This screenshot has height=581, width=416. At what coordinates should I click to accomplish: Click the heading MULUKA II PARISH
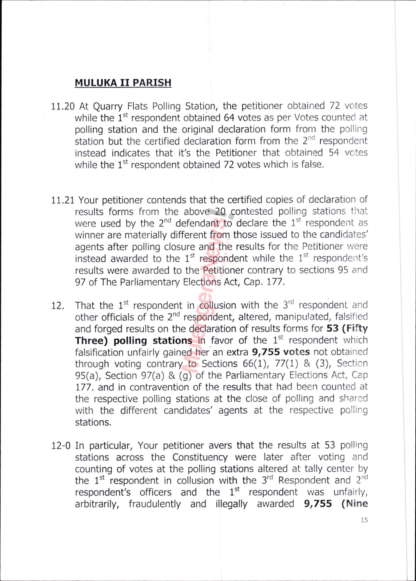[x=123, y=83]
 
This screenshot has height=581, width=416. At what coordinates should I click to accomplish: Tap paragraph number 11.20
[x=63, y=106]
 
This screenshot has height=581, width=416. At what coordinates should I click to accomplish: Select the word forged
[x=109, y=329]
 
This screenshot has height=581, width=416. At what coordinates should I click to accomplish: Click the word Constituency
[x=200, y=457]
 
